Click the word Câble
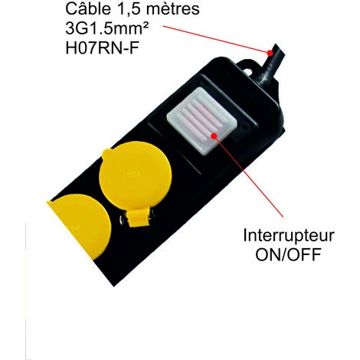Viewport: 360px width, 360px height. click(x=88, y=9)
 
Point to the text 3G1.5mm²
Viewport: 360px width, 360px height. click(x=107, y=28)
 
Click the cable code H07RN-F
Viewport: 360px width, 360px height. click(x=103, y=47)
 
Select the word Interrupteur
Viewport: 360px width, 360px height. click(x=289, y=236)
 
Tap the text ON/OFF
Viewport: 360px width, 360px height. click(x=289, y=254)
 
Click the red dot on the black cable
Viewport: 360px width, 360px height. click(x=270, y=53)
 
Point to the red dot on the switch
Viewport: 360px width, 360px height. click(x=214, y=136)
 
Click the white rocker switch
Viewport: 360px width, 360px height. click(x=201, y=120)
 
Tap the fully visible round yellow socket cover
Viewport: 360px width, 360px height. click(x=136, y=176)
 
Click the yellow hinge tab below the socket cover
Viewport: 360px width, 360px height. click(x=139, y=218)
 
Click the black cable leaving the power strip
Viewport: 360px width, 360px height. click(x=270, y=67)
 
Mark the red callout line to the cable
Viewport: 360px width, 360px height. click(x=216, y=39)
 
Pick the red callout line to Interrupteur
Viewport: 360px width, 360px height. click(x=249, y=177)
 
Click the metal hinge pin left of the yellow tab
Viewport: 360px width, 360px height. click(x=123, y=221)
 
